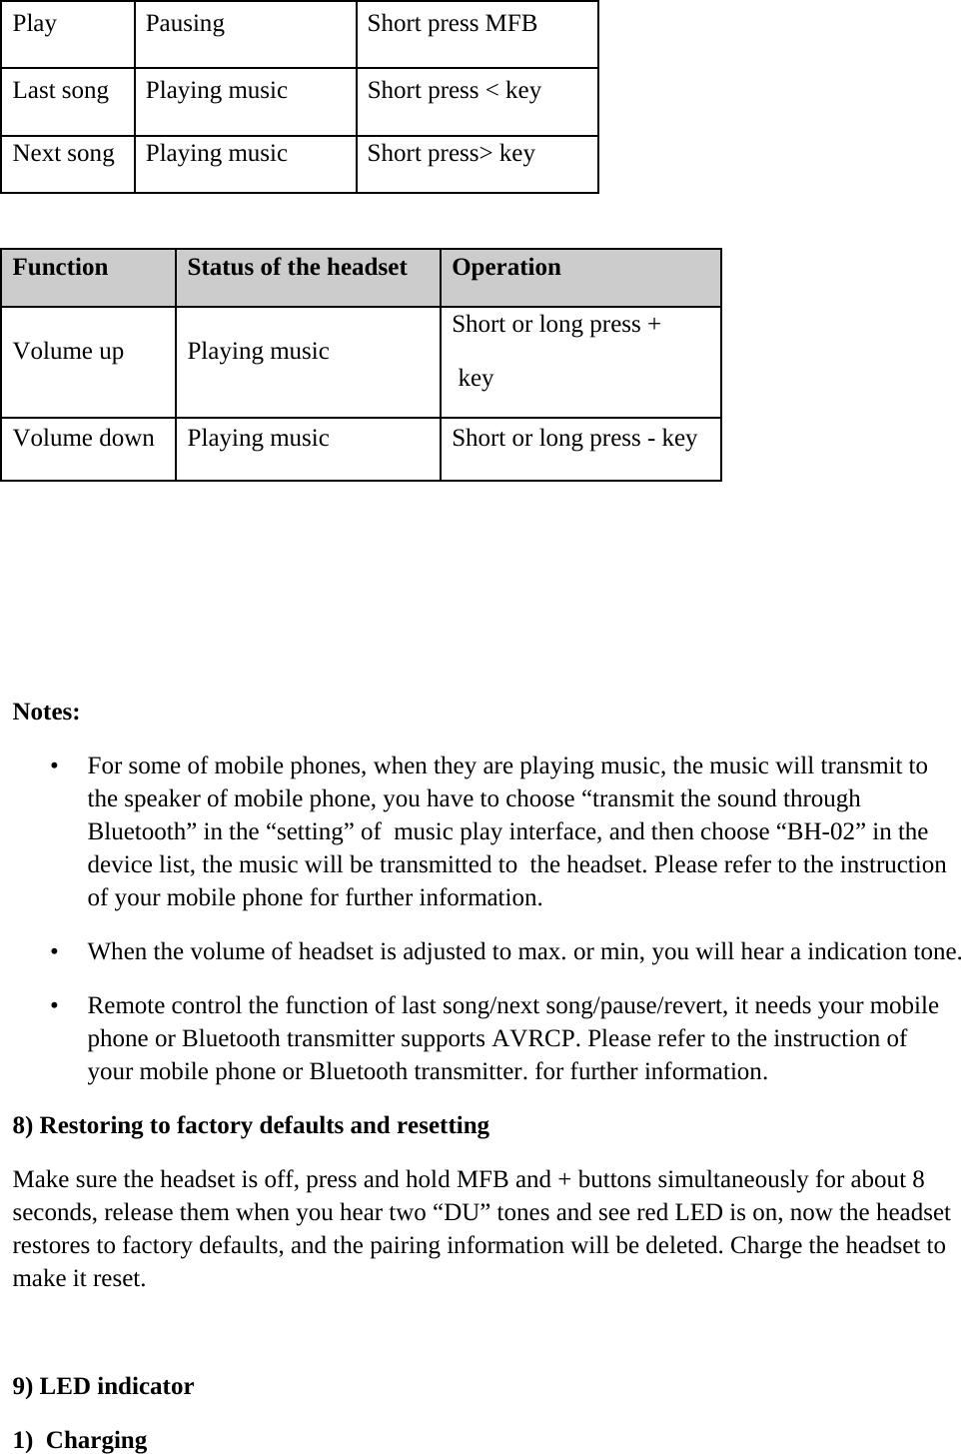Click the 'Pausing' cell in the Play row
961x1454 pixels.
click(x=185, y=24)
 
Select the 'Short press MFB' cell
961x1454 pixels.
click(x=452, y=24)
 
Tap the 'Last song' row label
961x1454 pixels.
click(x=61, y=91)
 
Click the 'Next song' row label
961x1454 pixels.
click(x=64, y=154)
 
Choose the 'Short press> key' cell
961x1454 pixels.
click(x=451, y=154)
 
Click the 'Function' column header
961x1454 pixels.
click(x=60, y=268)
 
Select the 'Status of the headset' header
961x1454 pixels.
click(x=297, y=268)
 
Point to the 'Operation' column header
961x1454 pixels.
click(x=505, y=268)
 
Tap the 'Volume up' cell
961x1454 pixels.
click(x=69, y=352)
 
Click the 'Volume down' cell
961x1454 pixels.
click(x=84, y=439)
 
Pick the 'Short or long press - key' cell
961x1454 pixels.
click(x=574, y=439)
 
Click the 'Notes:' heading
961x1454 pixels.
click(x=46, y=714)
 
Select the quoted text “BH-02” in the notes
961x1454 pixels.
click(x=820, y=832)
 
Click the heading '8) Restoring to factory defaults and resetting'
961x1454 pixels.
click(x=251, y=1126)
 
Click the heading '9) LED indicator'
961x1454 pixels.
click(x=103, y=1387)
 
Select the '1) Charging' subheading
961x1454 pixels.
click(x=80, y=1441)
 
